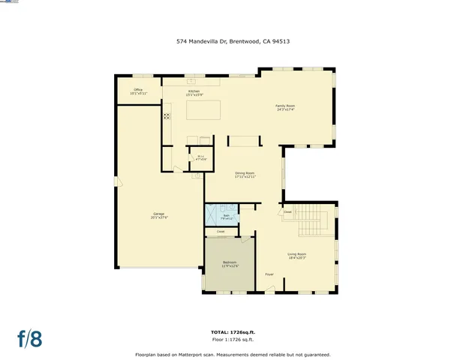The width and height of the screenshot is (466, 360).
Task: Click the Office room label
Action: (138, 91)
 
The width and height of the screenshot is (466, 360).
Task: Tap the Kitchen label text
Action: (194, 91)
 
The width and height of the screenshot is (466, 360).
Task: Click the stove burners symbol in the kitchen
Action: (167, 116)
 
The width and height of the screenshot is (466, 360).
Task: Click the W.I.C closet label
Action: (201, 158)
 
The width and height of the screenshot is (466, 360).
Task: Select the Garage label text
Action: (159, 215)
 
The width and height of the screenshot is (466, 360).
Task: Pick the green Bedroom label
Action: (230, 263)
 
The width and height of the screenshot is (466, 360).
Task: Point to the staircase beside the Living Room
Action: (318, 223)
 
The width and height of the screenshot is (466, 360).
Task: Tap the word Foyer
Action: (269, 274)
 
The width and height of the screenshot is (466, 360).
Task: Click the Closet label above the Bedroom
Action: (221, 232)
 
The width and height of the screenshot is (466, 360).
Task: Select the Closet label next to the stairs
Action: (287, 212)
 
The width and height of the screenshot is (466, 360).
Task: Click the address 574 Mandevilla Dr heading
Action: (233, 42)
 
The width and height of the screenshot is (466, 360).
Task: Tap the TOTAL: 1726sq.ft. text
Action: (233, 331)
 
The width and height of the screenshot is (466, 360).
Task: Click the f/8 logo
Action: (30, 338)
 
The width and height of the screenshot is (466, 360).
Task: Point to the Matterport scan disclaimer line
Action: (233, 354)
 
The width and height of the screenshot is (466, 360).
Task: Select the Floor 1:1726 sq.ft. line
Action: (233, 340)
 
